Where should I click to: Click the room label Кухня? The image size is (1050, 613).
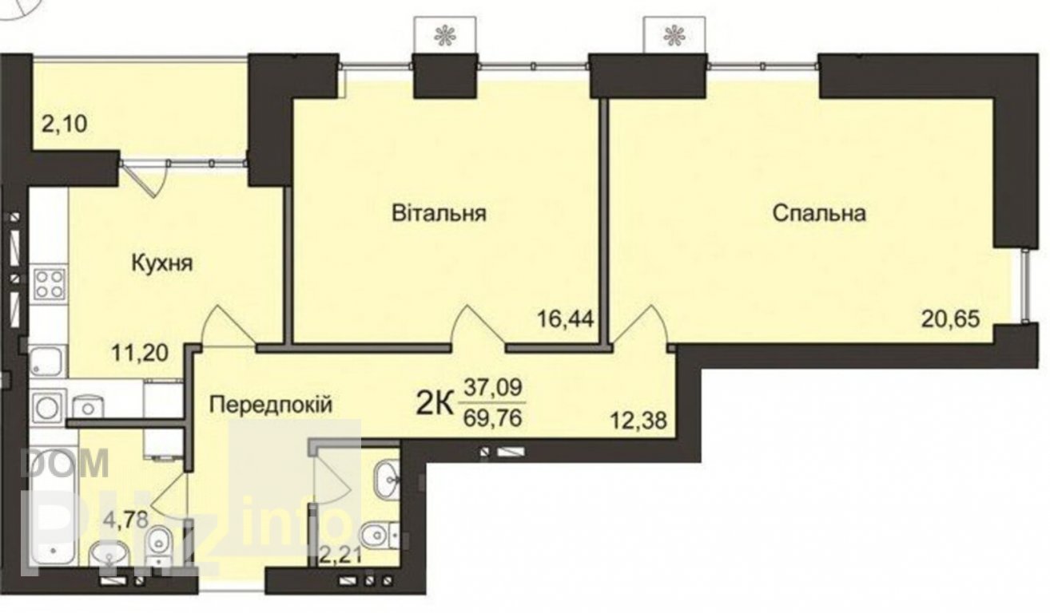coord(162,263)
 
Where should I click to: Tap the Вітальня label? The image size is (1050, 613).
coord(439,213)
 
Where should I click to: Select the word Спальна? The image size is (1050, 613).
coord(819,214)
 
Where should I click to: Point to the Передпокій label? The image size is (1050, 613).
coord(270,405)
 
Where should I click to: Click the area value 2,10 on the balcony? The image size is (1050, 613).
coord(65,124)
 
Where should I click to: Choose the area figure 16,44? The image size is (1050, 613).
coord(566,319)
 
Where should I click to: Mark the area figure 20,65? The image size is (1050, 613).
coord(951,319)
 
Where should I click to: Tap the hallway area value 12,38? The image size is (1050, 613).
coord(638,421)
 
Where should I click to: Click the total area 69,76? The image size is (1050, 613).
coord(492,417)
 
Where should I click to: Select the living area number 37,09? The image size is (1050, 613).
coord(492,388)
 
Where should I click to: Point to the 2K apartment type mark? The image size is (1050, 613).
coord(435,405)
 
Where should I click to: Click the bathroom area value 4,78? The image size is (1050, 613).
coord(126,520)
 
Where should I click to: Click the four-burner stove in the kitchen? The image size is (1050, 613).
coord(49,284)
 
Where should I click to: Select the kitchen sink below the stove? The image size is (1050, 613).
coord(46,361)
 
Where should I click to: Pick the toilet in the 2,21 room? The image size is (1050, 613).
coord(378,533)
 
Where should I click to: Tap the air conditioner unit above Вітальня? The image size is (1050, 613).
coord(445,35)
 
